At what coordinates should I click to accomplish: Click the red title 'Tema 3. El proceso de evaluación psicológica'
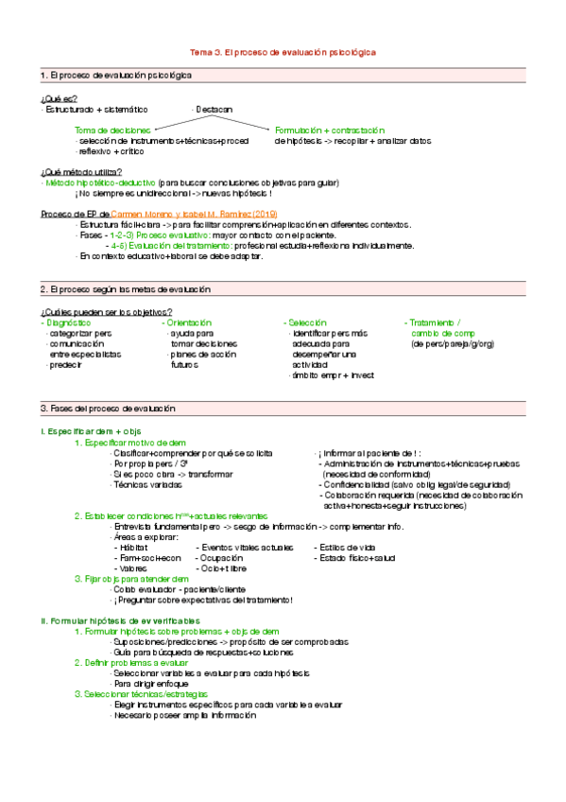(x=283, y=52)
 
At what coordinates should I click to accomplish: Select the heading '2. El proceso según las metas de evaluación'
(x=125, y=288)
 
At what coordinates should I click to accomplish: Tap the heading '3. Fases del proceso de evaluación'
(x=107, y=408)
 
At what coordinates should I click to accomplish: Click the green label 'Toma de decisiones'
(x=111, y=130)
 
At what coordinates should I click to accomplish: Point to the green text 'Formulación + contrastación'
(x=330, y=130)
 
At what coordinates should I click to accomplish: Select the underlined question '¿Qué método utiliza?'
(x=81, y=171)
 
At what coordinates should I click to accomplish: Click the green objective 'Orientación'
(x=188, y=323)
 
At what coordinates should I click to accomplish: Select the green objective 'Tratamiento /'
(x=434, y=323)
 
